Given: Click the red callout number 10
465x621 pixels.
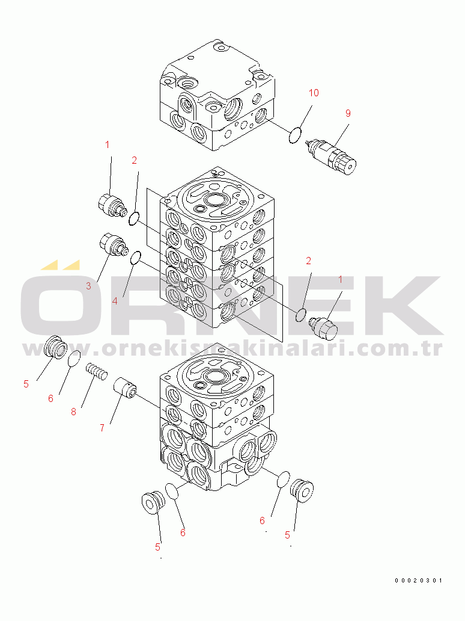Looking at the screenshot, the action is (314, 93).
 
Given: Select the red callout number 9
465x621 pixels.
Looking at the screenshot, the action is (348, 113).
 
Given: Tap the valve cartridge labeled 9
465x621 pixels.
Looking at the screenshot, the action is (332, 156).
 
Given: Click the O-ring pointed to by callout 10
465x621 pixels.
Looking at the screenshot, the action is (294, 135).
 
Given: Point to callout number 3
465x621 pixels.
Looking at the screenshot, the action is (88, 286).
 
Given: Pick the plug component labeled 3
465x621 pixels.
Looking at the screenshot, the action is (113, 244).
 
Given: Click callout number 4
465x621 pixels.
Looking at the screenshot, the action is (115, 301).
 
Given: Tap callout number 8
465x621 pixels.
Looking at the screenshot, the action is (73, 412).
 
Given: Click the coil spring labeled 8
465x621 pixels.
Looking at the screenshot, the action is (97, 371).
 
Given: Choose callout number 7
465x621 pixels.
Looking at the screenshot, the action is (102, 428).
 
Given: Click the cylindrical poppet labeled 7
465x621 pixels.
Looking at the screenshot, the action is (125, 389).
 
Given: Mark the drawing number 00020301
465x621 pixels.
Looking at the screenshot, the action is (418, 581).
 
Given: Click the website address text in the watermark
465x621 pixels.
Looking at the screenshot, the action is (232, 348).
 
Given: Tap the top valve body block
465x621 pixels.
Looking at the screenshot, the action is (217, 94).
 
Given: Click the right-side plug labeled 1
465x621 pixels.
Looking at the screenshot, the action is (323, 327).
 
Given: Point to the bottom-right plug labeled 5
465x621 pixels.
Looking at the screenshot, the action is (302, 490).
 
